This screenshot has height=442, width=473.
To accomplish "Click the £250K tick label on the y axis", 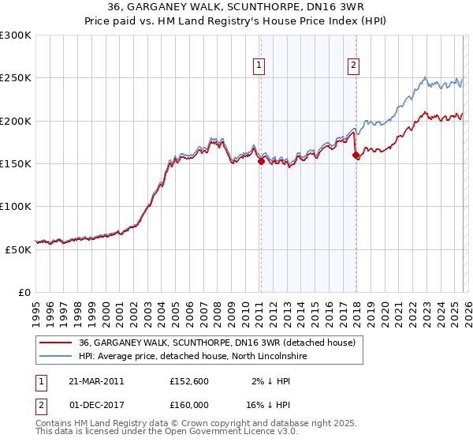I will click(x=16, y=78).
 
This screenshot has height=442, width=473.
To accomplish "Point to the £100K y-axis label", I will click(x=16, y=206).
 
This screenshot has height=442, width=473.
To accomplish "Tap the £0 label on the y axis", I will click(x=25, y=292).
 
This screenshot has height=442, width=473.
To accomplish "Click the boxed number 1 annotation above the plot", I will click(x=259, y=66).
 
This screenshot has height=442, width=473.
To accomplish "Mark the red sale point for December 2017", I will click(x=355, y=155).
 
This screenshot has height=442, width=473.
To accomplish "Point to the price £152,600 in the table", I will click(x=188, y=380).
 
